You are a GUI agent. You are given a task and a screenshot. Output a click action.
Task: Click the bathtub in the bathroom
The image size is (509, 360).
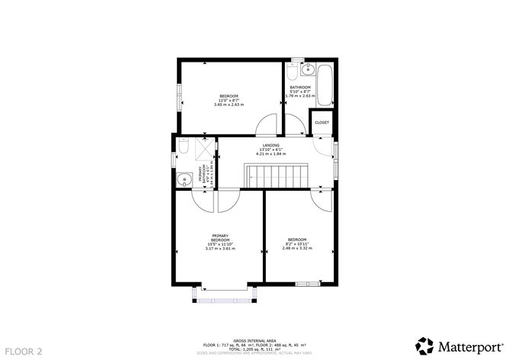pyautogui.click(x=325, y=86)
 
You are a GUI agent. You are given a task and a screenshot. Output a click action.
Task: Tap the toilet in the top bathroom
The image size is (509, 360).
pyautogui.click(x=293, y=74)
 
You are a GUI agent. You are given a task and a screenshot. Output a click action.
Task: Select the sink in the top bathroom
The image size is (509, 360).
pyautogui.click(x=307, y=72)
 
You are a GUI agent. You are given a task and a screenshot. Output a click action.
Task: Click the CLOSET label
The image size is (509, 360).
pyautogui.click(x=322, y=123)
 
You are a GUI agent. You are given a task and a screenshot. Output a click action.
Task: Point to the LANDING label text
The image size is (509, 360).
pyautogui.click(x=271, y=145)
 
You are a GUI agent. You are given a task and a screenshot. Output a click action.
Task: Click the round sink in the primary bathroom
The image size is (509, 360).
pyautogui.click(x=183, y=180)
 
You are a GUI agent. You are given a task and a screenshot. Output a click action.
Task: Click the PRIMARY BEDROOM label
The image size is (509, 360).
pyautogui.click(x=220, y=238)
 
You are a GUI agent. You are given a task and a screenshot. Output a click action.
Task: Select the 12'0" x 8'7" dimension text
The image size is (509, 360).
pyautogui.click(x=223, y=100)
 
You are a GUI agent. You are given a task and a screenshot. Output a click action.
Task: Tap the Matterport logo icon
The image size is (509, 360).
pyautogui.click(x=421, y=344)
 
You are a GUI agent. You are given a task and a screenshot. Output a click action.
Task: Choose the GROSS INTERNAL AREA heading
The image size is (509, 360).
pyautogui.click(x=254, y=340)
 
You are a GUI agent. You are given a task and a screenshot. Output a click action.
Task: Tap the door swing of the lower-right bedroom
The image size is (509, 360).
pyautogui.click(x=321, y=199)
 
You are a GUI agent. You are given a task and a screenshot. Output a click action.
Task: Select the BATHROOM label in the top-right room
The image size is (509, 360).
pyautogui.click(x=299, y=88)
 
